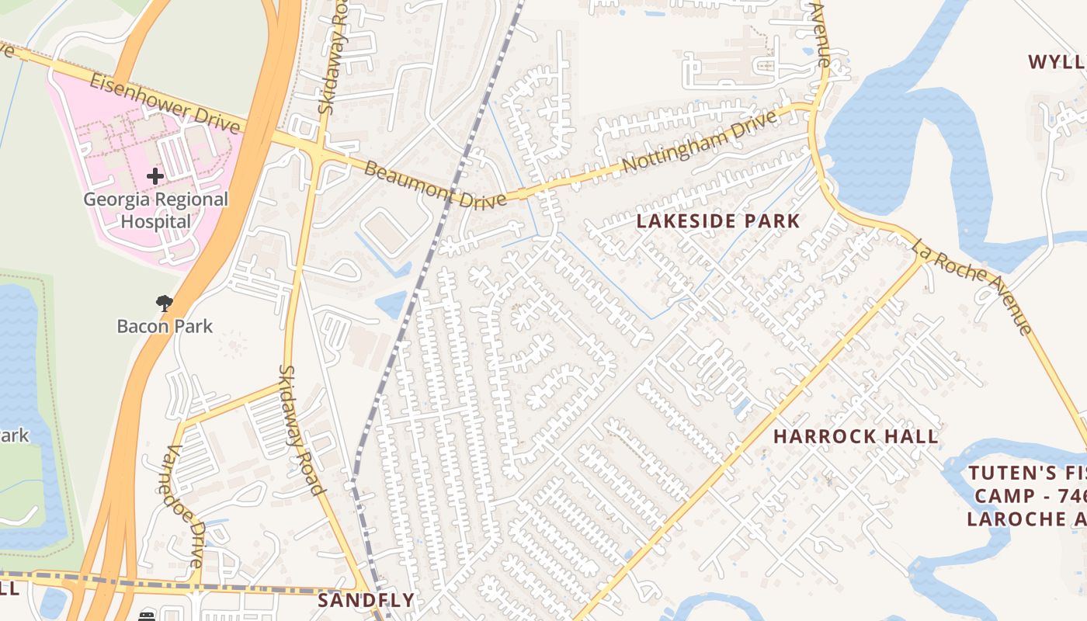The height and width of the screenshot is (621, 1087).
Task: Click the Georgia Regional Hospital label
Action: (x=155, y=210)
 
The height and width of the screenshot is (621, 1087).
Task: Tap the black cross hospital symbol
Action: (x=155, y=176)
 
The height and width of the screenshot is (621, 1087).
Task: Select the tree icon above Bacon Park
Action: (x=164, y=304)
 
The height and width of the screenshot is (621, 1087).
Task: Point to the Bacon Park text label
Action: (x=165, y=326)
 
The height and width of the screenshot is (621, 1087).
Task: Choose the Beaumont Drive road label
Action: (x=435, y=183)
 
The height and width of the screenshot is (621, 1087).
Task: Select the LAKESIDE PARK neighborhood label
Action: (x=717, y=221)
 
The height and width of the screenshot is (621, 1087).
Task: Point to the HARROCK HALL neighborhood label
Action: (x=856, y=436)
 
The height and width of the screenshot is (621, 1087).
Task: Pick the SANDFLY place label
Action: (x=366, y=600)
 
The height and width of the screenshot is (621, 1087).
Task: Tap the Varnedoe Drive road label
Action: (x=186, y=505)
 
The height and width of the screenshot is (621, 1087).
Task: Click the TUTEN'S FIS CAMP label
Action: (x=1025, y=496)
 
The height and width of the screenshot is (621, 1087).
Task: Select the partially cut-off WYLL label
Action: (x=1056, y=62)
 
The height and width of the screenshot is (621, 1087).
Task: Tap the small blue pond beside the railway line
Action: (x=393, y=304)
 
